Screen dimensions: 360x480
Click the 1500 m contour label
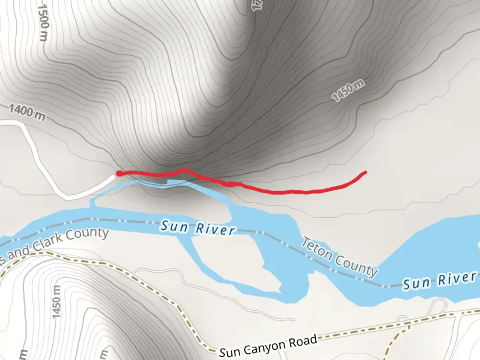tap(44, 23)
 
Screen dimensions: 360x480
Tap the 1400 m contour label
tap(27, 112)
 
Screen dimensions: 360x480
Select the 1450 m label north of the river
tap(348, 90)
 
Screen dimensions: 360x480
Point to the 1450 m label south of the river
tap(56, 301)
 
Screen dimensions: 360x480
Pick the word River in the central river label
tap(215, 229)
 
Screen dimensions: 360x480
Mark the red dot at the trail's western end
tap(119, 173)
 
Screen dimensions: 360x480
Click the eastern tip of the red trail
tap(365, 172)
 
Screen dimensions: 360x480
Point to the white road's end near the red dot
tap(113, 177)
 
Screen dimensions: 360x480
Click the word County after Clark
tap(87, 233)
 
